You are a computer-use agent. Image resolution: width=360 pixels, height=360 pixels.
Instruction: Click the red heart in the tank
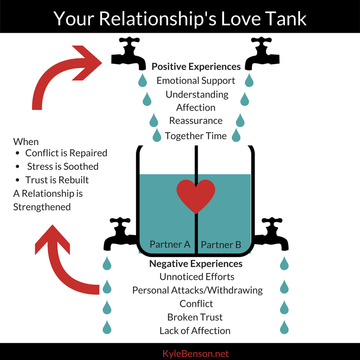pos(195,195)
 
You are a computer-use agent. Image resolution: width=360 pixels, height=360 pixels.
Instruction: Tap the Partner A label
pos(170,245)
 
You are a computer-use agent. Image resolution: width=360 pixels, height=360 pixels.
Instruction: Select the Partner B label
pos(221,245)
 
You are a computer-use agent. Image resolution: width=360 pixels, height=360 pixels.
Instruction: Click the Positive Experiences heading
pos(196,67)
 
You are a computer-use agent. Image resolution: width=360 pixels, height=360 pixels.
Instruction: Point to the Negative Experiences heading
pos(196,264)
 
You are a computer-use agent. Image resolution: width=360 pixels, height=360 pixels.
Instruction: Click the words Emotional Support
pos(196,81)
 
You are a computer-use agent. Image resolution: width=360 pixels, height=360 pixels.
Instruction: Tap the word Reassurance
pos(196,121)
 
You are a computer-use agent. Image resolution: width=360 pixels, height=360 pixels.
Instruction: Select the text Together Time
pos(196,135)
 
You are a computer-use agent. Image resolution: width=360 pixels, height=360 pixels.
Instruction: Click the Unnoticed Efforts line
pos(197,277)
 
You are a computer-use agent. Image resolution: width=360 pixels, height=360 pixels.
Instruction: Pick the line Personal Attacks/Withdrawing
pos(197,290)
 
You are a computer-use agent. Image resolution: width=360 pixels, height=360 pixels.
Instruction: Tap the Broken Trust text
pos(195,317)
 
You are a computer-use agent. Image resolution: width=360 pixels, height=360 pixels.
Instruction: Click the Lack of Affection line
pos(195,331)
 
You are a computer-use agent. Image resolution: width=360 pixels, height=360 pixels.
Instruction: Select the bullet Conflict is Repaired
pos(66,153)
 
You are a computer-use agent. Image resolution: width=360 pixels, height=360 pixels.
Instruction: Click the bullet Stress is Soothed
pos(63,166)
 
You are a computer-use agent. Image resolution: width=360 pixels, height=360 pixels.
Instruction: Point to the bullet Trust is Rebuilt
pos(57,180)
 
